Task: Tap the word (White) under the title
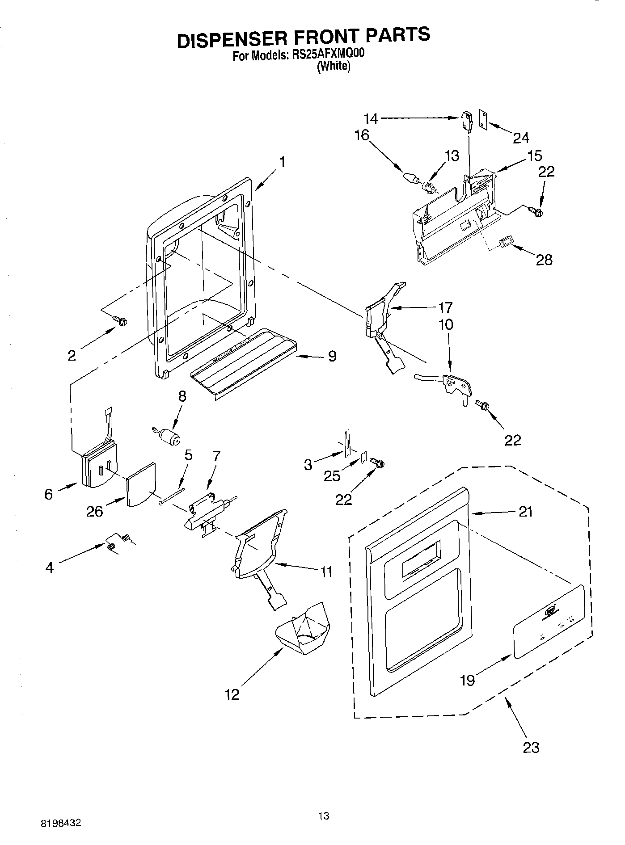click(334, 67)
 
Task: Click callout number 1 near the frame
click(283, 162)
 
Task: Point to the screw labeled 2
click(121, 320)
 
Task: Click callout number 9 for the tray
click(332, 356)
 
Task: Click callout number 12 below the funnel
click(232, 694)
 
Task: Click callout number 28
click(544, 260)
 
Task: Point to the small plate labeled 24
click(483, 119)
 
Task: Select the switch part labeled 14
click(466, 121)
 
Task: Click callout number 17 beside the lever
click(445, 307)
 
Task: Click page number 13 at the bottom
click(324, 816)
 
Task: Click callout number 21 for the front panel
click(525, 511)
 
